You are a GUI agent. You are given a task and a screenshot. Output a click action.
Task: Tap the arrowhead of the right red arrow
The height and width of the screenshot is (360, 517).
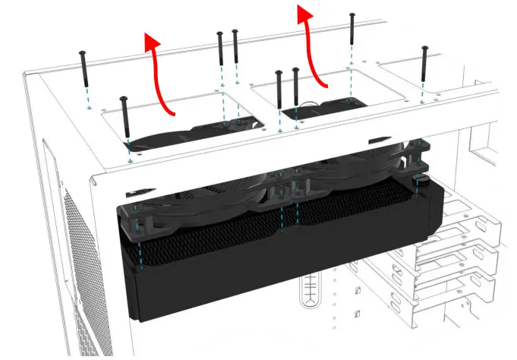point(304,13)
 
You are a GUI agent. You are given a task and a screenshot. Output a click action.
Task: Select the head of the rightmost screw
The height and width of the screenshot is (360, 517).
point(425,49)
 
